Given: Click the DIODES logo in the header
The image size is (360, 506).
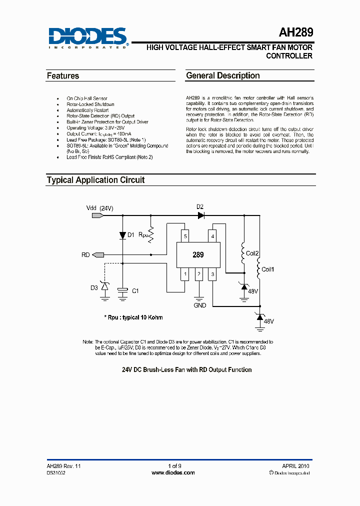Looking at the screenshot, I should (88, 37).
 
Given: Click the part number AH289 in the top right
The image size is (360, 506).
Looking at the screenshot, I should (296, 33).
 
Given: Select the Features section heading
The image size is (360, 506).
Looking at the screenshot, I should (63, 76).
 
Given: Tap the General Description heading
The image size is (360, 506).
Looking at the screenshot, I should (222, 76).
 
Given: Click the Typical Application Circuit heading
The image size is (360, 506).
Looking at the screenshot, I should (95, 180).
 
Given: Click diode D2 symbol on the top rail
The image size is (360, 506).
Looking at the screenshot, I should (201, 215).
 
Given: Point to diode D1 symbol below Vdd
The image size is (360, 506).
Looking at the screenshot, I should (122, 235).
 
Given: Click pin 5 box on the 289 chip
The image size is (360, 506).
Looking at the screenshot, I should (185, 236).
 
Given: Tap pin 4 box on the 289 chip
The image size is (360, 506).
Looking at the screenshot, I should (212, 236).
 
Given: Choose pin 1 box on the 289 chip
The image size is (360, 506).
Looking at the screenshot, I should (185, 274).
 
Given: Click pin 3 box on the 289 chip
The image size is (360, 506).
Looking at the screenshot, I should (212, 274).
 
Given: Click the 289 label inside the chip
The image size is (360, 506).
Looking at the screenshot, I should (198, 254).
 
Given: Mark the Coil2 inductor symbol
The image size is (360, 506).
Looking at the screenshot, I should (243, 252).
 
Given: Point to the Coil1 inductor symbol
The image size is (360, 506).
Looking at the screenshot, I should (259, 270).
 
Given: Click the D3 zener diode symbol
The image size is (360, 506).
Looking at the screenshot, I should (105, 286).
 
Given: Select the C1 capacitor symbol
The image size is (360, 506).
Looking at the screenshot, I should (122, 290).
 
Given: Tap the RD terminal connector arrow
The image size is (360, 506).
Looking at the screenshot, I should (98, 255).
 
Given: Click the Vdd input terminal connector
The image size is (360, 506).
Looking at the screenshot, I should (98, 215).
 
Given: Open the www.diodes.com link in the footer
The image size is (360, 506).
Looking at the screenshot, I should (173, 472).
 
